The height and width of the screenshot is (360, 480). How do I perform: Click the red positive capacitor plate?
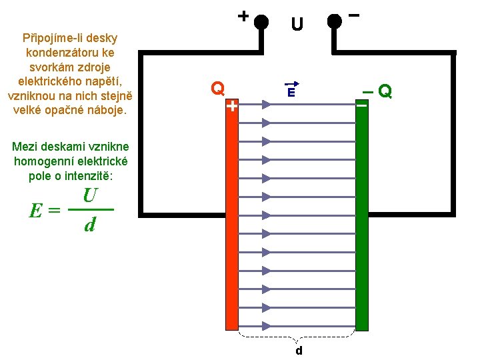pos(231,220)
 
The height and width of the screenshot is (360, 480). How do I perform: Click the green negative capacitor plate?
pos(362,220)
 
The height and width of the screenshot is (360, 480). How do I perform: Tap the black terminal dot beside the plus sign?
pos(261,22)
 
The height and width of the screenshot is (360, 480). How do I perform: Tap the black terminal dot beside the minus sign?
pos(335,22)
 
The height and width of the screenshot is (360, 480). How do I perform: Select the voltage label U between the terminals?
pos(297,25)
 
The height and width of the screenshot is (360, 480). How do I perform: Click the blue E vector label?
pos(291,93)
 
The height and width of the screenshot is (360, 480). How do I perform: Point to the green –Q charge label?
pos(377,91)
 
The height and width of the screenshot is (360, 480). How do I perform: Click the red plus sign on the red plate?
pos(231,106)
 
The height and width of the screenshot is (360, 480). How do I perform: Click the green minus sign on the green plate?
pos(361,104)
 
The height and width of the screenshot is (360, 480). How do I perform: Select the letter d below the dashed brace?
pos(299,350)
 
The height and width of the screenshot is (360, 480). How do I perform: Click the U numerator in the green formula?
pos(91,196)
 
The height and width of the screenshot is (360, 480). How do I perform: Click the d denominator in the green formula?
pos(90,226)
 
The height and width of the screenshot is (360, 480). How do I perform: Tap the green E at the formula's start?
pos(37,211)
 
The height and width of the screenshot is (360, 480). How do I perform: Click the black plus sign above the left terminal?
pos(243,15)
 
